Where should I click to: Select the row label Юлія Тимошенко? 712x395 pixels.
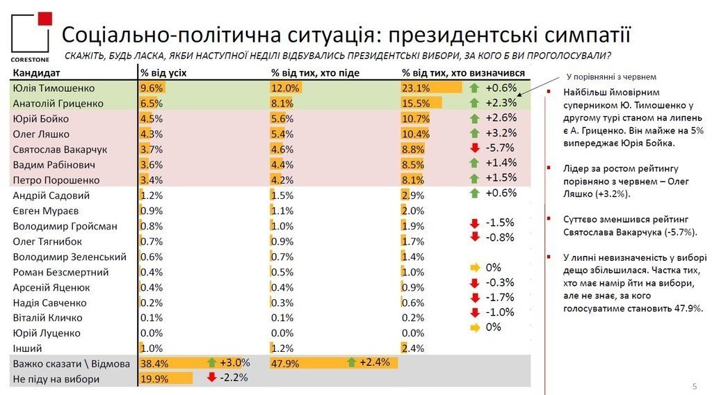point(53,88)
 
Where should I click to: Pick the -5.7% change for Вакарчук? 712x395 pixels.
point(500,147)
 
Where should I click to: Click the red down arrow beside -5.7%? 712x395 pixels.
point(475,147)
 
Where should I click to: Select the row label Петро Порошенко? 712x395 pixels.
point(56,180)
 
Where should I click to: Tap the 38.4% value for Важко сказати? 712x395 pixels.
point(154,363)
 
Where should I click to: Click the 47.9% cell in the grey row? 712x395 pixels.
point(285,363)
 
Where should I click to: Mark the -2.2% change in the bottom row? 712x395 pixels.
point(234,378)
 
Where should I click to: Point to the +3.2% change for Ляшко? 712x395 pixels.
point(500,132)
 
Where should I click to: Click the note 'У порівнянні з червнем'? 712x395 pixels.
point(611,76)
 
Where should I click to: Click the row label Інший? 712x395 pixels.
point(27,348)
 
